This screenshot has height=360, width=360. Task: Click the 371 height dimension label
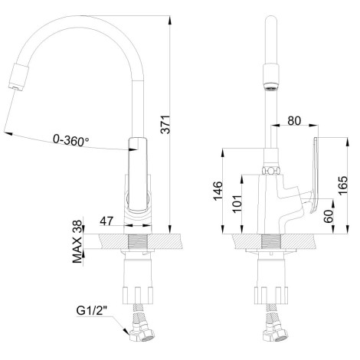coord(166,124)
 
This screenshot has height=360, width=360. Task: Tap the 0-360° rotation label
coord(71,140)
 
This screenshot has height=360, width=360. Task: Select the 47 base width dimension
coord(106,221)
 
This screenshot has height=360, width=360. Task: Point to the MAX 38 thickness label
coord(77,241)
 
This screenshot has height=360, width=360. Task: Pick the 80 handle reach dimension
coord(294,121)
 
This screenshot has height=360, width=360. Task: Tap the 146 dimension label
coord(218,191)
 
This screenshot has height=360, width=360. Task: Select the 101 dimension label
coord(237,204)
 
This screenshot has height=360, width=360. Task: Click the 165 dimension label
coord(343,185)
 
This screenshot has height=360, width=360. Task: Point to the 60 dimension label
coord(329,216)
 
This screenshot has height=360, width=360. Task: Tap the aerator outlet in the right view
coord(271,87)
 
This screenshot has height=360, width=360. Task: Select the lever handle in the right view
coord(315,175)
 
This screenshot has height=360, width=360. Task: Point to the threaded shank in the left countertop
coord(138,241)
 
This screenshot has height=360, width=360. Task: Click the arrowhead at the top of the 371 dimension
coord(169,19)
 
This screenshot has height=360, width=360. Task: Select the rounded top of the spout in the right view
coord(271,20)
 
